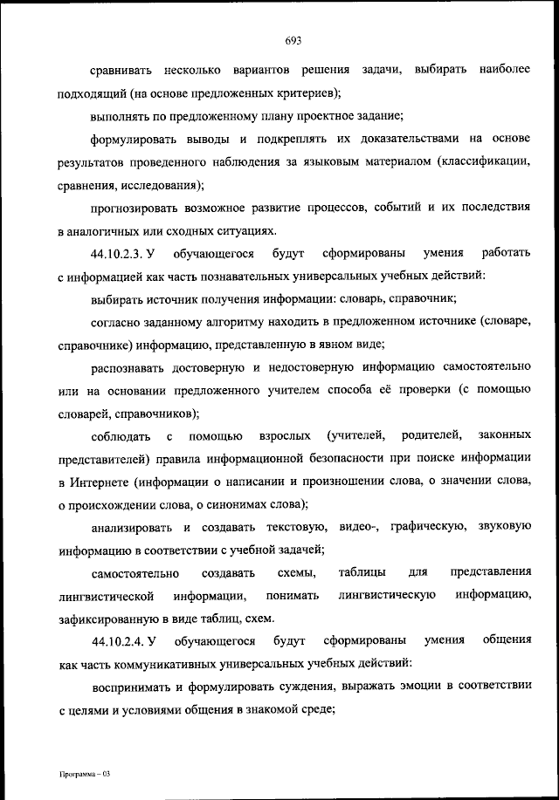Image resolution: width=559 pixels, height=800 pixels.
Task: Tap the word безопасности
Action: point(330,458)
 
